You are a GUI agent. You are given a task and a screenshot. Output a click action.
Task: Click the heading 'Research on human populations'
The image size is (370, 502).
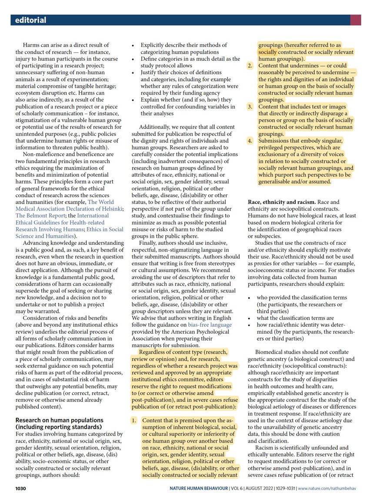click(x=59, y=420)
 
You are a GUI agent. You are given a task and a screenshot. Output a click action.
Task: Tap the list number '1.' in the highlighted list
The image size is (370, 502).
click(x=134, y=420)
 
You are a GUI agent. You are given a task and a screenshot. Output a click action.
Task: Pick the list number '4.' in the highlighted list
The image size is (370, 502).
click(x=250, y=141)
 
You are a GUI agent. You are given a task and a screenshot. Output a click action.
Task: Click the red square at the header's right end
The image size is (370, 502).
click(x=355, y=20)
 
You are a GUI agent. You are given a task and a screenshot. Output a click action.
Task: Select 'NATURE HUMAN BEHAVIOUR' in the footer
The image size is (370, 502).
click(x=199, y=489)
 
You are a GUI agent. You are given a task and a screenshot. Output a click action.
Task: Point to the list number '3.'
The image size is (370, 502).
click(x=250, y=106)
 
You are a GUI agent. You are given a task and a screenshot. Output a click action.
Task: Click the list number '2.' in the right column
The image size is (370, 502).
click(x=250, y=66)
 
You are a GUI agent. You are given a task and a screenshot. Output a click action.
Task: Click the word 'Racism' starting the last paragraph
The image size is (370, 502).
click(x=265, y=447)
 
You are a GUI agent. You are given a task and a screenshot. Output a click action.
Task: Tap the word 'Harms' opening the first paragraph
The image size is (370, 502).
click(x=32, y=45)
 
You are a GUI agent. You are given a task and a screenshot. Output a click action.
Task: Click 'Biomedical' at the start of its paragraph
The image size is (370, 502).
click(x=270, y=352)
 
